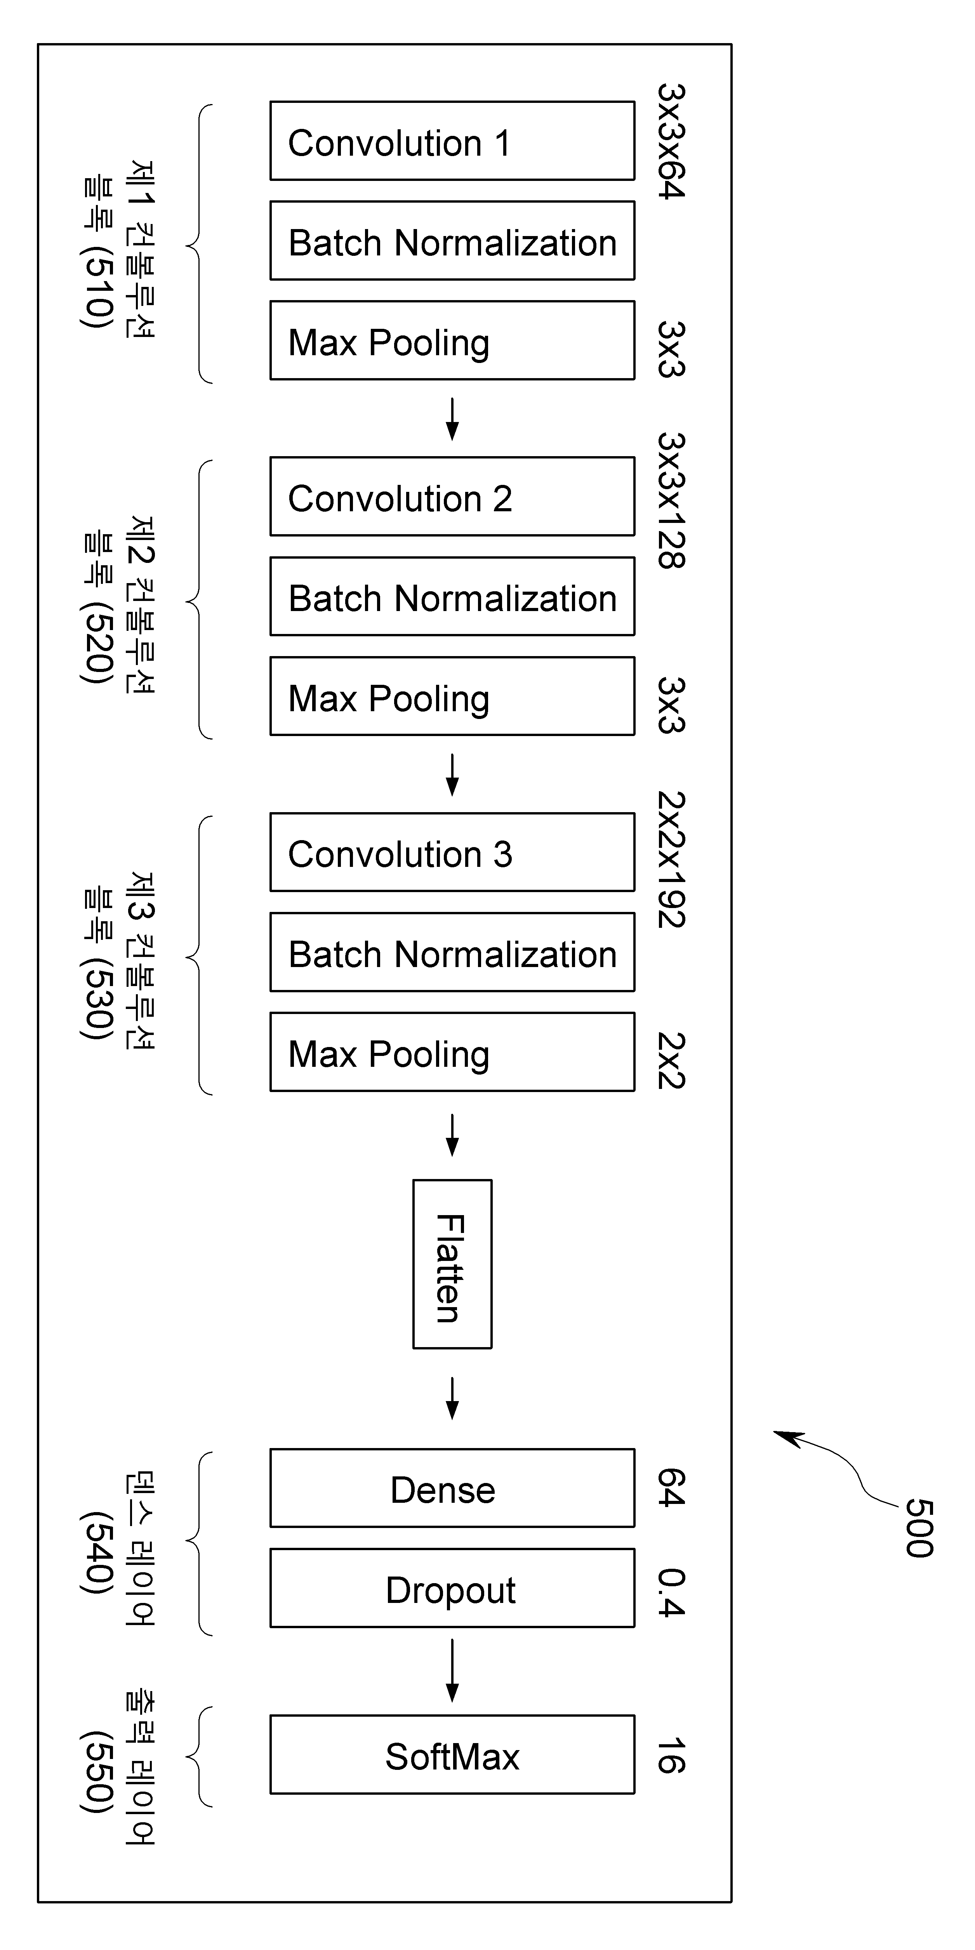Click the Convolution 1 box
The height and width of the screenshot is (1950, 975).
click(452, 141)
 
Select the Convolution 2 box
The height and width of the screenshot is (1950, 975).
click(452, 497)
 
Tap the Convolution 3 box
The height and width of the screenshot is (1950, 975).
click(452, 853)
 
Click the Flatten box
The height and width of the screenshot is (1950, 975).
click(452, 1264)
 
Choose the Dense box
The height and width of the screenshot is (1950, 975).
click(452, 1488)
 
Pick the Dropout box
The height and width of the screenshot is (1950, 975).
click(452, 1588)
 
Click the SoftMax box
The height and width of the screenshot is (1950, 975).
click(452, 1755)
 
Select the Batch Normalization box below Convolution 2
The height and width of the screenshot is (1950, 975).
click(452, 597)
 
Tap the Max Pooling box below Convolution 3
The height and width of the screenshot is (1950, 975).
click(452, 1052)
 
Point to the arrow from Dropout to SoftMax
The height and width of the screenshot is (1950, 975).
click(452, 1670)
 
